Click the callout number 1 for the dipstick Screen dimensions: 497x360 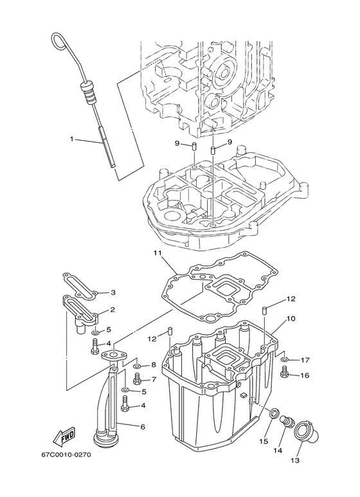[x=73, y=138]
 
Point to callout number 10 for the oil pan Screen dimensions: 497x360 [x=291, y=318]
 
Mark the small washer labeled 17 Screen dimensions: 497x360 [x=286, y=359]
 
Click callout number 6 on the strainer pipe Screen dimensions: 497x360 [x=143, y=426]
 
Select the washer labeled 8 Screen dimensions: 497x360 [x=137, y=365]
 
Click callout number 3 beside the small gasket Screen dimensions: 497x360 [x=113, y=292]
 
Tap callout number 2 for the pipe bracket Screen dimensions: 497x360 [x=113, y=310]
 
